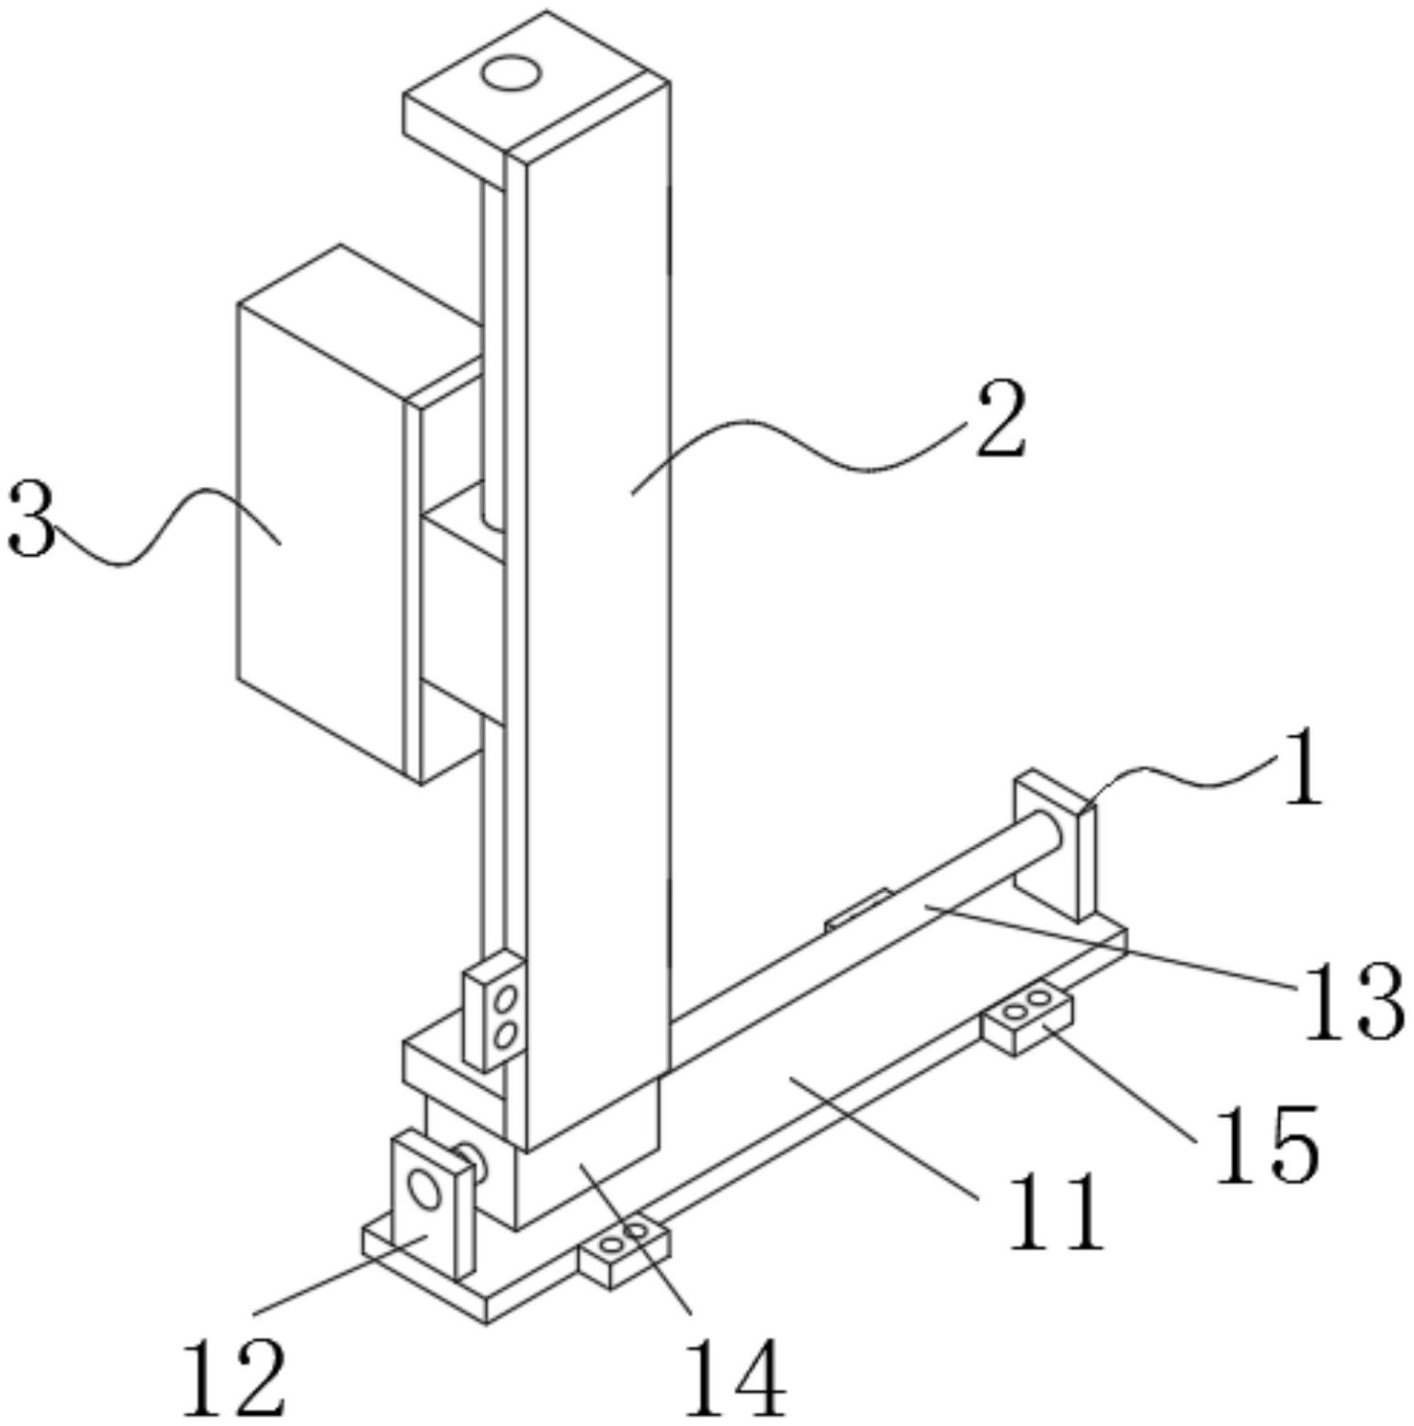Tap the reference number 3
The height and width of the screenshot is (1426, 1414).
click(29, 521)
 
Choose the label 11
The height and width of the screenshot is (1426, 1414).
click(1056, 1211)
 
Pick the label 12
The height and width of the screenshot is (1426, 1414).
click(235, 1378)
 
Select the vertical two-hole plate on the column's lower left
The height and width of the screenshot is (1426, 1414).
click(494, 1011)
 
